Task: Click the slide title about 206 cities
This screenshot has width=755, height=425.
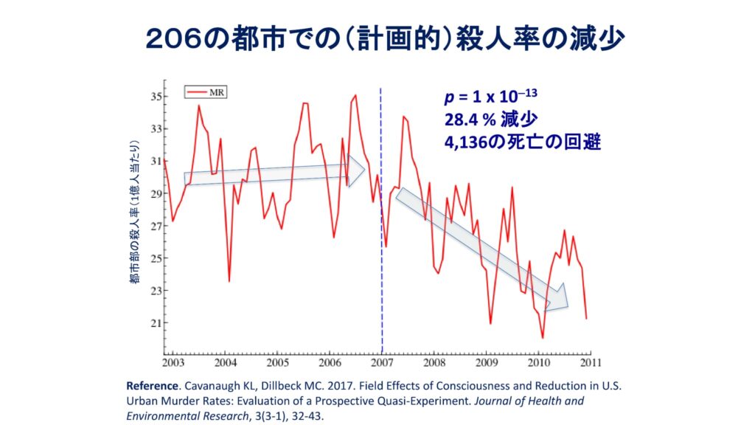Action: pos(377,39)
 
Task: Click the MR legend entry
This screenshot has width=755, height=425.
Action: pos(210,92)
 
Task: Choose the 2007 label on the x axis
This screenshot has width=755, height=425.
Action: pos(382,363)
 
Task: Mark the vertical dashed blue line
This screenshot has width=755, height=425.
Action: pos(381,221)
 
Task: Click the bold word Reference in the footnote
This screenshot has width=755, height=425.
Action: pos(152,386)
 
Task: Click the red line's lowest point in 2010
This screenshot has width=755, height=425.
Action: pos(542,338)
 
